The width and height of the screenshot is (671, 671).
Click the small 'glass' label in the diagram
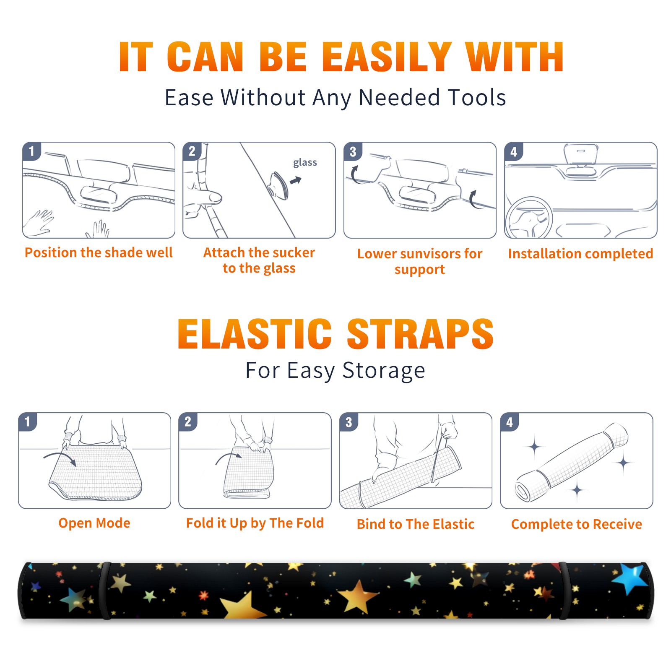coord(305,163)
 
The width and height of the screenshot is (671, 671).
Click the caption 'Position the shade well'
coord(99,252)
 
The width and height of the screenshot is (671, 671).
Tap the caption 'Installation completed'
coord(580,254)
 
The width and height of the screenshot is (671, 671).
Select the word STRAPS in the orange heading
coord(420,334)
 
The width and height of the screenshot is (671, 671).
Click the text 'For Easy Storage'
coord(335,370)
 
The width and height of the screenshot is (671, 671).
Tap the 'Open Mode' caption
coord(94,523)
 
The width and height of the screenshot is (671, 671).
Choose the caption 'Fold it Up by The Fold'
coord(255,523)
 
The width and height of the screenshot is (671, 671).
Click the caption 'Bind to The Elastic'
coord(416,524)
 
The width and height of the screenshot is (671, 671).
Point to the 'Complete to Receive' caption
coord(577,524)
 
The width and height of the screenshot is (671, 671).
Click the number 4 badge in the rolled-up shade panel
coord(510,422)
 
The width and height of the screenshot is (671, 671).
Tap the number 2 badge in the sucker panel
coord(192,151)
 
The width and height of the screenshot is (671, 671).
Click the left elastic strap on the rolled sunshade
coord(105,590)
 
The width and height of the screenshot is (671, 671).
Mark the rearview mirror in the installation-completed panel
coord(581,154)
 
